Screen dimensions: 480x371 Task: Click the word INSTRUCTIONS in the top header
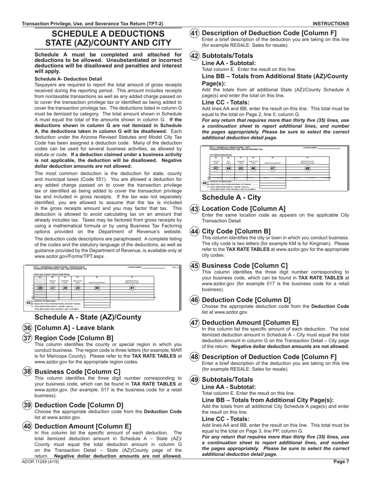[331, 23]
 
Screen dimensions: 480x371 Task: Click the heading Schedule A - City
[231, 197]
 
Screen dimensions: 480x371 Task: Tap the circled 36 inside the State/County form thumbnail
[40, 288]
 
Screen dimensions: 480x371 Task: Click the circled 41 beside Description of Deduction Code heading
[194, 33]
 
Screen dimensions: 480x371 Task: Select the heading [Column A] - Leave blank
[75, 328]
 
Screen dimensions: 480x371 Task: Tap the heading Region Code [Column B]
[74, 338]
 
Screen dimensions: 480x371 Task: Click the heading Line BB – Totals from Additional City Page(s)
[268, 400]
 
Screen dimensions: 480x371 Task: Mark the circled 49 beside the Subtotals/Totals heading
[194, 379]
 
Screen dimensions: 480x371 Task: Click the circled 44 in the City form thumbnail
[228, 168]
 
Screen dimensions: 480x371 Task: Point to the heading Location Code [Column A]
[243, 209]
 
